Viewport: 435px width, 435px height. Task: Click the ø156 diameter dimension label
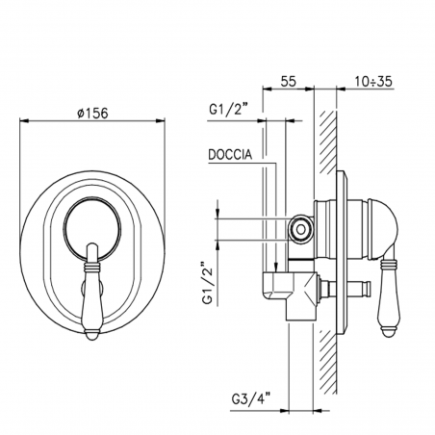93,111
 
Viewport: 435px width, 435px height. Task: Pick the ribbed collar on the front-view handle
92,254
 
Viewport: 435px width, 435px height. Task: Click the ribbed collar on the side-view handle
391,261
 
